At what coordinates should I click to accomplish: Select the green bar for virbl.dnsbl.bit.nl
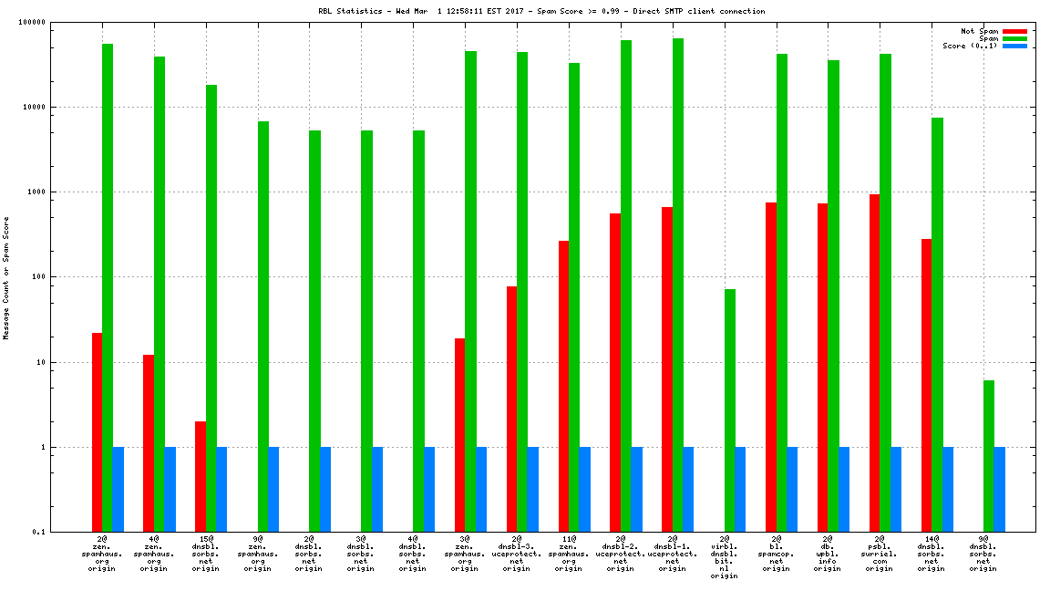coord(729,410)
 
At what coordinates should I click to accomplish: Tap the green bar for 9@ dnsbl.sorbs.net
coord(989,456)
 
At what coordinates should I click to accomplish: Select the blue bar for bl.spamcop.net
coord(792,489)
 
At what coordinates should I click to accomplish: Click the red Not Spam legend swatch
coord(1014,31)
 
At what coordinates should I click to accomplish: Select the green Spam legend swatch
coord(1014,38)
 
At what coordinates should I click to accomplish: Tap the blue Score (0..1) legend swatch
coord(1014,46)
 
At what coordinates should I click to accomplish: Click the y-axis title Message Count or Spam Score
coord(6,277)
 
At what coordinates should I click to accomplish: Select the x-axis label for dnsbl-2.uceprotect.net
coord(620,555)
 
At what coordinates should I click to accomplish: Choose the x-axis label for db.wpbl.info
coord(828,555)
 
